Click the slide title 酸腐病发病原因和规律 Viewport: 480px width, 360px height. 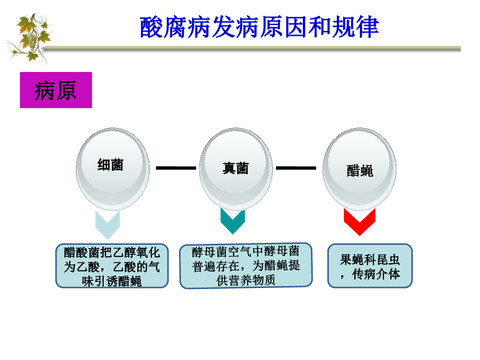tap(259, 27)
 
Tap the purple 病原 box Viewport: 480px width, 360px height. tap(56, 90)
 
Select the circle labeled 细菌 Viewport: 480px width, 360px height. tap(113, 169)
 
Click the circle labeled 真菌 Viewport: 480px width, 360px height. tap(236, 169)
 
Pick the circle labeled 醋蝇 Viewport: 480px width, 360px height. tap(360, 169)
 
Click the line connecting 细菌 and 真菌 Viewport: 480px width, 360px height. tap(176, 168)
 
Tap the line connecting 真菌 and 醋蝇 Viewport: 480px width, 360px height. tap(296, 168)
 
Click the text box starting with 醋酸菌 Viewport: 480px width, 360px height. tap(112, 266)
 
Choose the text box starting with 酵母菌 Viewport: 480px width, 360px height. tap(246, 266)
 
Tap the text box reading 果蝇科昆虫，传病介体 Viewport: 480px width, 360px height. tap(370, 266)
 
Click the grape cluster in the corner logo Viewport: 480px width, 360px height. tap(32, 41)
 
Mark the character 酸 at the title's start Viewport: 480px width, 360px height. tap(151, 27)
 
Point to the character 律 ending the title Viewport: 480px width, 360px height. tap(368, 27)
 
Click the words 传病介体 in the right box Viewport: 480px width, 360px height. tap(376, 274)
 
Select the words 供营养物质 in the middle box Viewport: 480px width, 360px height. tap(246, 280)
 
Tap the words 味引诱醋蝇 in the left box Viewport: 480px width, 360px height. tap(112, 281)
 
